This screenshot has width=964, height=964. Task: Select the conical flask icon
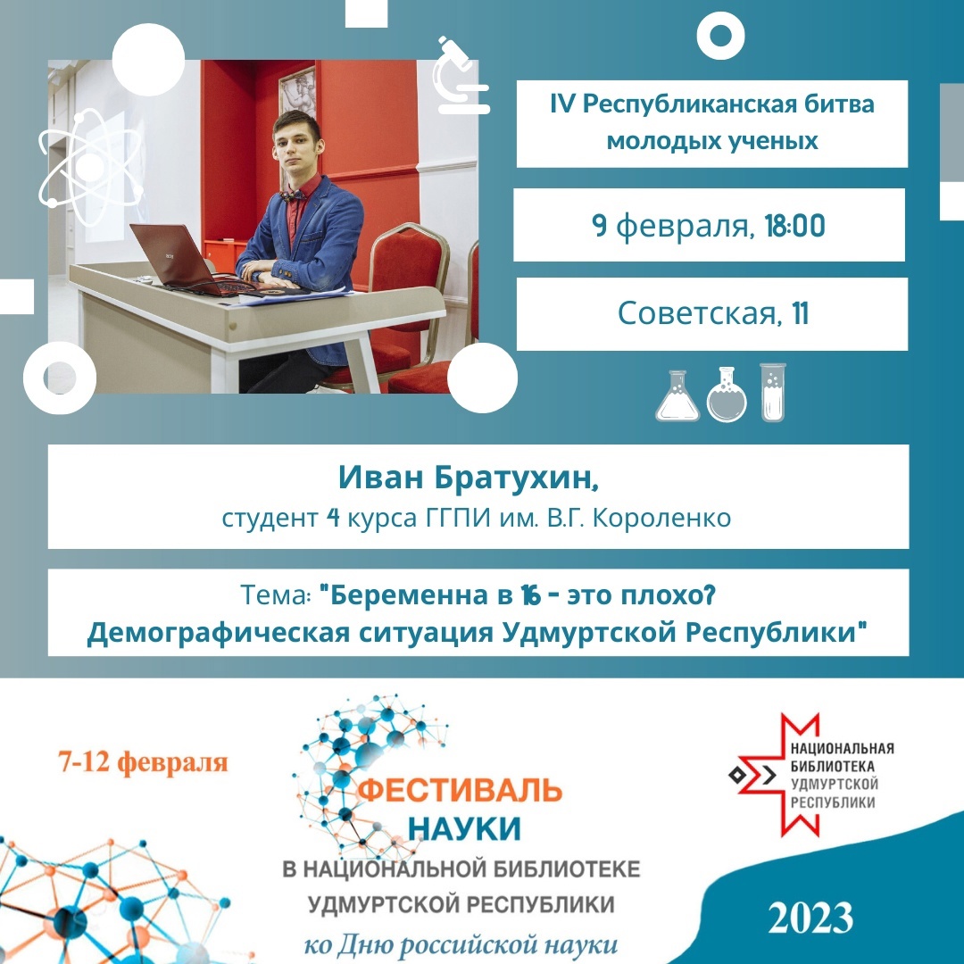tap(677, 396)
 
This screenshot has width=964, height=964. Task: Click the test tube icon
tap(773, 392)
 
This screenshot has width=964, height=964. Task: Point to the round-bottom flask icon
tap(727, 395)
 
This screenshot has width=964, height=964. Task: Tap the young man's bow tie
tap(292, 195)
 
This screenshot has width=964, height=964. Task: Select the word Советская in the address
tap(697, 313)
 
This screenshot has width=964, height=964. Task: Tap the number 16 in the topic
tap(530, 595)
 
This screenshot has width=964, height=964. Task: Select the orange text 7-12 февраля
tap(143, 762)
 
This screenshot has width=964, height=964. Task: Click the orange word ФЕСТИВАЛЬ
tap(460, 790)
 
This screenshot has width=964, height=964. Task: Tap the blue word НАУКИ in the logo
tap(463, 827)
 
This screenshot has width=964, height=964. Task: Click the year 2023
tap(810, 918)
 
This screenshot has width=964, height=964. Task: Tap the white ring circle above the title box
tap(721, 36)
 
